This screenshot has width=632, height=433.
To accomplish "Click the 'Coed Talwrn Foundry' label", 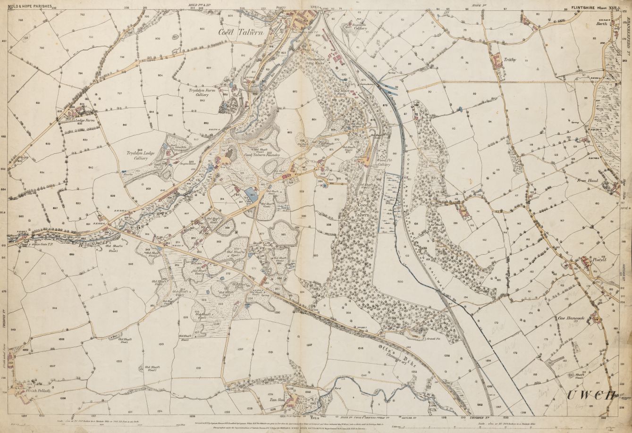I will (x=261, y=155).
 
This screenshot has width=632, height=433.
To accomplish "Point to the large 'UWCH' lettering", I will (x=590, y=395).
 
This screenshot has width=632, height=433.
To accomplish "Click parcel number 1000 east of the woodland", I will (x=401, y=282).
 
